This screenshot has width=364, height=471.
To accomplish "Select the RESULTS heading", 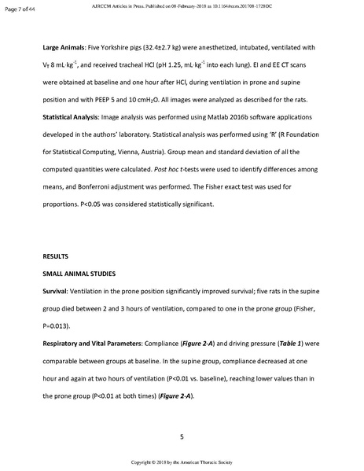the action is pyautogui.click(x=59, y=256).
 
